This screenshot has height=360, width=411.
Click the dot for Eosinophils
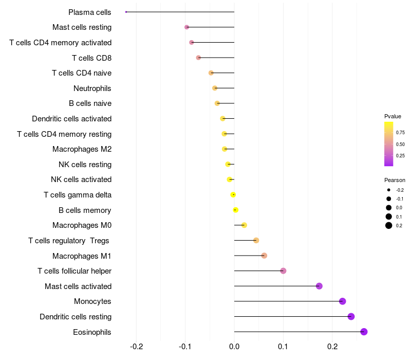pos(364,332)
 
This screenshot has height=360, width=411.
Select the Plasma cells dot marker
pos(126,12)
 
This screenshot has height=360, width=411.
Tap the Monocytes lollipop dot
pos(343,301)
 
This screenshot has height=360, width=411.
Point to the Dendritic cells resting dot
pos(351,316)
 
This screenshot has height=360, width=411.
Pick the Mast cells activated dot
pos(319,286)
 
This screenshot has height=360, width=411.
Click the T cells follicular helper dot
pos(283,271)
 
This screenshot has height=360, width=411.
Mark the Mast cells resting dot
pos(186,27)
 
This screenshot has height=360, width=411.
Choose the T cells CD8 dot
pos(198,58)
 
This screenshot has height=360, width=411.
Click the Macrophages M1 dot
pos(264,256)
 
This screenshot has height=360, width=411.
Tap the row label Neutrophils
pos(92,88)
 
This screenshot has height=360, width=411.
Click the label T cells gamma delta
pos(78,195)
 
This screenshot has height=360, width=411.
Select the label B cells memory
pos(85,210)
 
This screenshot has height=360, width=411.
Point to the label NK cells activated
pos(81,179)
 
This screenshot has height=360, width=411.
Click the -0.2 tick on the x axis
pos(137,347)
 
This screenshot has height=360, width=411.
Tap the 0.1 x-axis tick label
pos(283,347)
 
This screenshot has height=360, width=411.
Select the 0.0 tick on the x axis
pos(234,347)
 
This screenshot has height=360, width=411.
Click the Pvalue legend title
pos(393,116)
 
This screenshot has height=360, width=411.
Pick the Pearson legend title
pos(395,181)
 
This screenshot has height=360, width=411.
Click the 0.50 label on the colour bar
pos(400,145)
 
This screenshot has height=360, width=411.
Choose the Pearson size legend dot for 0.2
pos(389,226)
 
